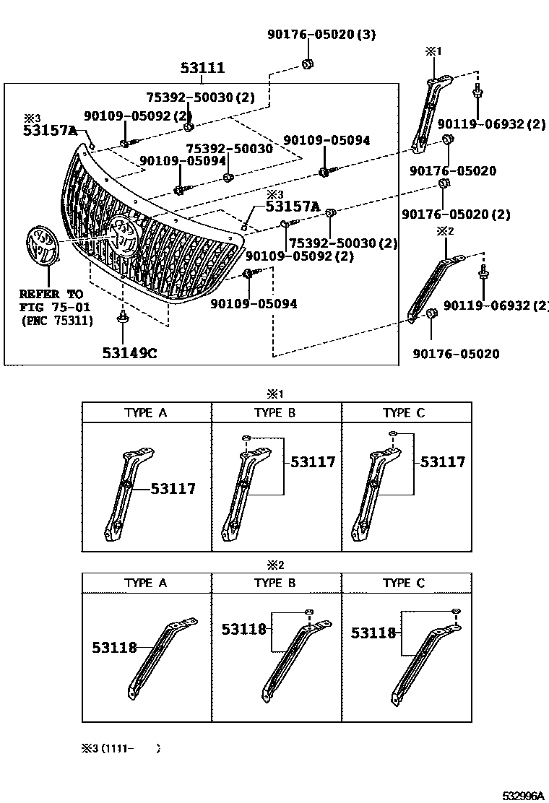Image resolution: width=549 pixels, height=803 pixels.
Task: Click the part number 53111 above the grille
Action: pos(202,69)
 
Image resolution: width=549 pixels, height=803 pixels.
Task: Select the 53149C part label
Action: pos(129,353)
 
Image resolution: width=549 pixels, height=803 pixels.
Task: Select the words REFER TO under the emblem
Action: pos(51,295)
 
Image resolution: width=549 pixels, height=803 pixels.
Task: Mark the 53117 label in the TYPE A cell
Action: pos(173,489)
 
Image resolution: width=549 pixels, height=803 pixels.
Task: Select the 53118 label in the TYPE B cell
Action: pos(244,629)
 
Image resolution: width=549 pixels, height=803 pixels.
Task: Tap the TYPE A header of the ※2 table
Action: pos(145,583)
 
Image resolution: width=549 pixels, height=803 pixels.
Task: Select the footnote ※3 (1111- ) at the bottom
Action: pos(121,748)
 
